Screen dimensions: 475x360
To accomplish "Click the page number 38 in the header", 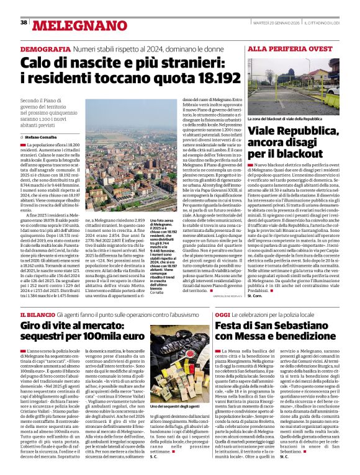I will click(24, 22).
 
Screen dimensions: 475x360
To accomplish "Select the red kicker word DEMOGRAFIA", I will click(45, 49).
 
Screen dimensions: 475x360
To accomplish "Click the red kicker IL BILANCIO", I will click(38, 316).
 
